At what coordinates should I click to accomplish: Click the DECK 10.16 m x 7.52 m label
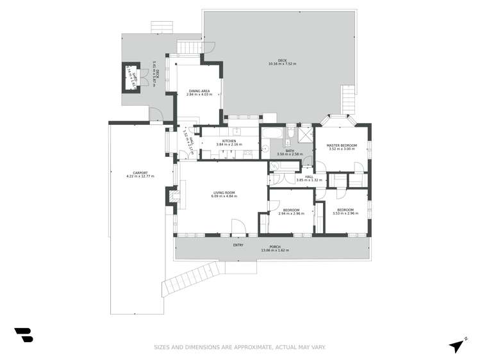click(x=282, y=63)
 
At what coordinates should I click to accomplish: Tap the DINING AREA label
click(x=199, y=93)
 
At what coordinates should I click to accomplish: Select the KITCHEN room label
click(x=229, y=142)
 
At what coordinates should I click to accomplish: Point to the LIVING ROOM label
click(x=224, y=194)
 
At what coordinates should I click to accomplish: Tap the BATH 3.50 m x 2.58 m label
click(x=286, y=152)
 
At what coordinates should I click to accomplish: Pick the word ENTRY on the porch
click(x=238, y=244)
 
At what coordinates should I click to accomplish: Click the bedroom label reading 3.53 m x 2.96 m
click(x=345, y=211)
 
